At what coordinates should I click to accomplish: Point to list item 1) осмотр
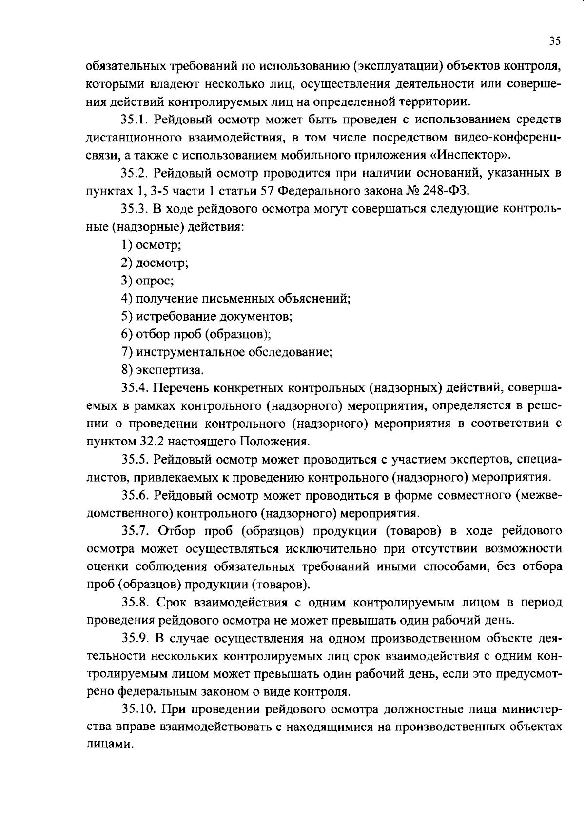pos(151,245)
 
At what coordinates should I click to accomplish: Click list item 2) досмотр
pos(155,263)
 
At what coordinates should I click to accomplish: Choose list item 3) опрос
pos(147,281)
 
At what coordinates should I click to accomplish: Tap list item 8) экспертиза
pos(161,370)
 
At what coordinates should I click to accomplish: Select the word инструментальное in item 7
pos(192,352)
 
